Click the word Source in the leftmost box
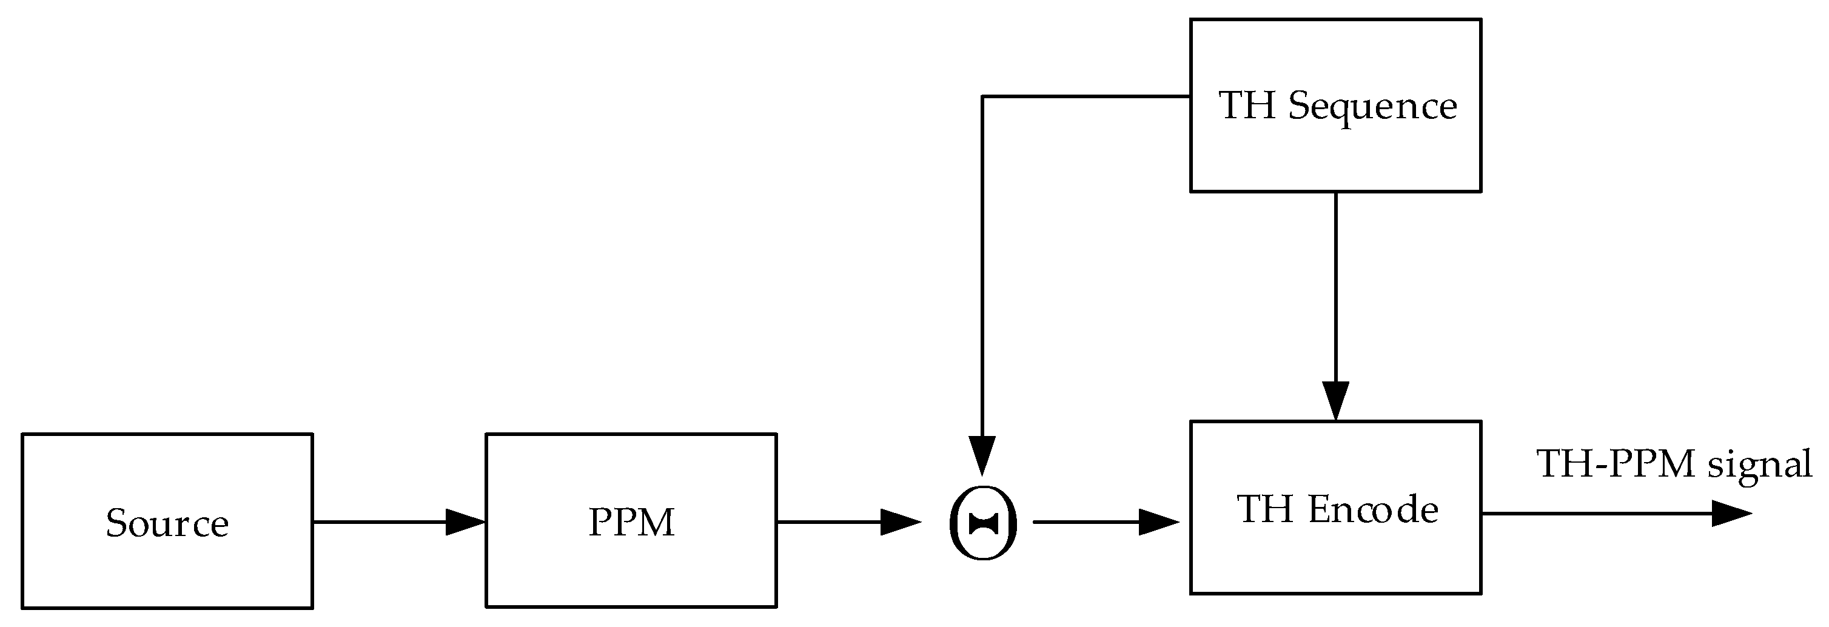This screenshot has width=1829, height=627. (x=167, y=524)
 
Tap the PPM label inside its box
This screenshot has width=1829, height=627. (x=631, y=523)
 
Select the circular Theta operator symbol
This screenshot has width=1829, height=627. (x=984, y=523)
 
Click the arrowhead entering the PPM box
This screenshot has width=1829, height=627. (x=466, y=522)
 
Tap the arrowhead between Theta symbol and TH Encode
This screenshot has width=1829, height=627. (x=1158, y=522)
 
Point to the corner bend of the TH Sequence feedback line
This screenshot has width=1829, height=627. (x=982, y=96)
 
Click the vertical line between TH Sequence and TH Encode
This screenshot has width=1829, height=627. (x=1335, y=284)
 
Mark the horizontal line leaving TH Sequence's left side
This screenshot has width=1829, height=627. (x=1086, y=96)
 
